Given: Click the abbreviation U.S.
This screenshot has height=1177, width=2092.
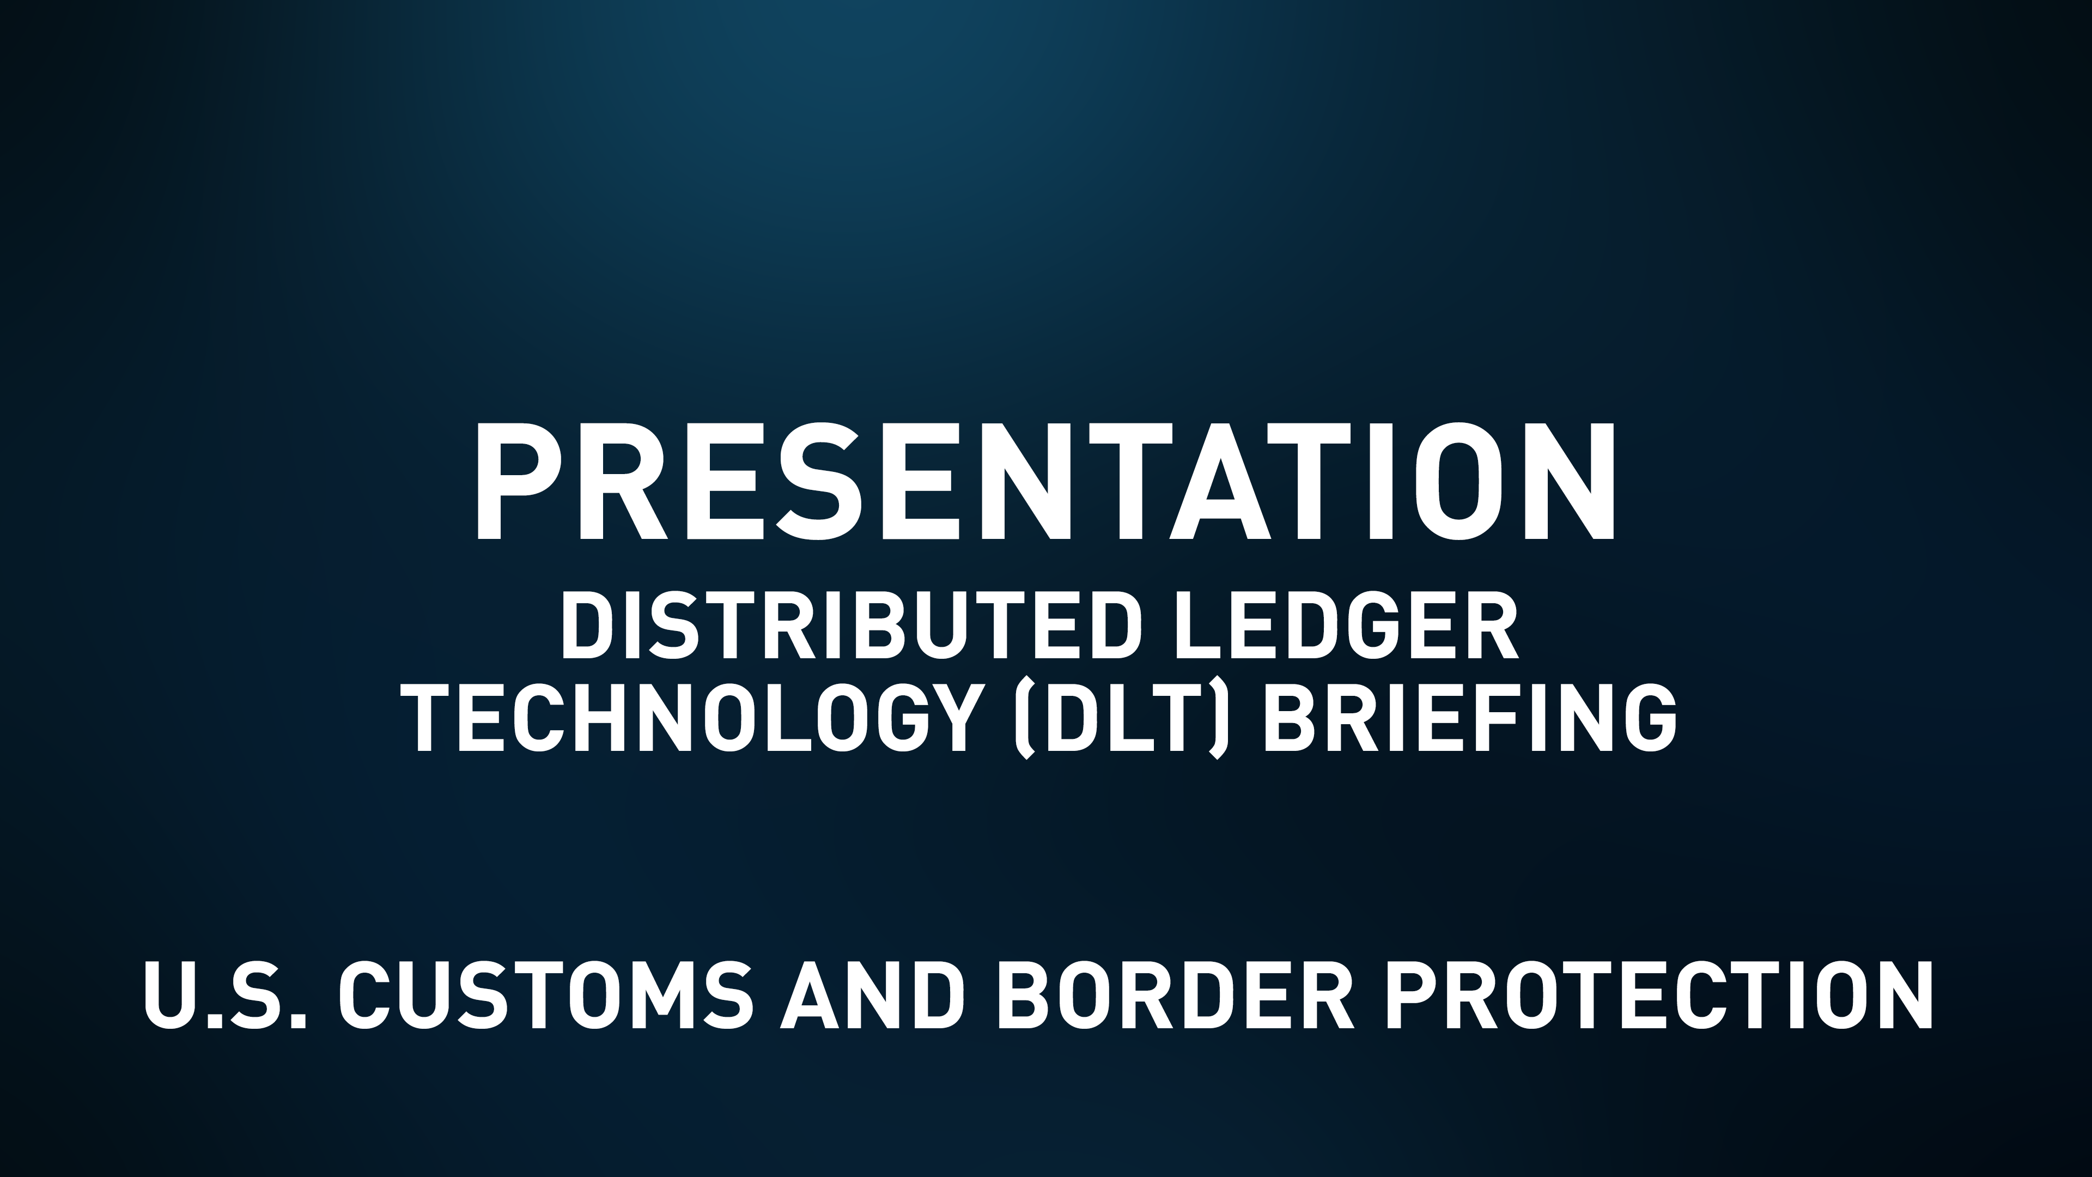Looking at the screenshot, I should pos(224,996).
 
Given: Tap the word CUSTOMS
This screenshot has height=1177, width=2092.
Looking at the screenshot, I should pos(552,996).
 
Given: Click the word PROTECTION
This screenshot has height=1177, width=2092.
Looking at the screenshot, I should pos(1657,996).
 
